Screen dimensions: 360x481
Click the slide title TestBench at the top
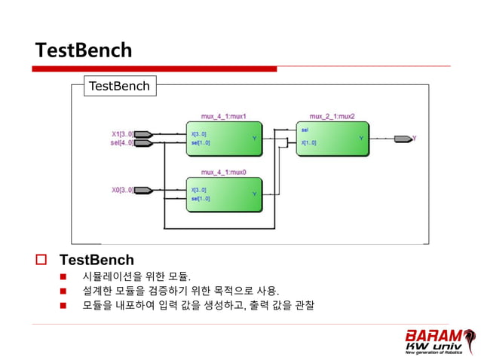84,50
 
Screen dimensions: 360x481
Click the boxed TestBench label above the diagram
119,86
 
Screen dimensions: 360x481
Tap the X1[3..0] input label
122,134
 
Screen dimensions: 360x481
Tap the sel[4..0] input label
122,142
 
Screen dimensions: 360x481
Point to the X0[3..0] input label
122,190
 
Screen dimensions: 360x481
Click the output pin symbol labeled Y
403,139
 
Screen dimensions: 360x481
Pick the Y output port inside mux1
254,139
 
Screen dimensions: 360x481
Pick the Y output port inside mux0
254,194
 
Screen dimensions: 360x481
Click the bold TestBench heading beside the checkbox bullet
97,260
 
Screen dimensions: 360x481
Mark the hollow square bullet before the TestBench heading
41,260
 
